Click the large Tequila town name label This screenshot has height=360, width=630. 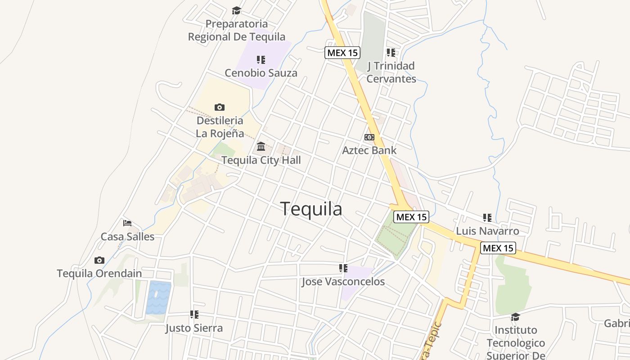pyautogui.click(x=311, y=209)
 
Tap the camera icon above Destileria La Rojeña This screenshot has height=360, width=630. pyautogui.click(x=220, y=107)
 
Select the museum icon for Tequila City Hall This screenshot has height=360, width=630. pyautogui.click(x=261, y=146)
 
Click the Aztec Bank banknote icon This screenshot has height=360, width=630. pyautogui.click(x=369, y=137)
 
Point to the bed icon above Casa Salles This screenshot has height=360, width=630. pyautogui.click(x=127, y=223)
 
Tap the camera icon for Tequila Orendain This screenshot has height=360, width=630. pyautogui.click(x=99, y=260)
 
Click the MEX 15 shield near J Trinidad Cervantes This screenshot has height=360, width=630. pyautogui.click(x=342, y=53)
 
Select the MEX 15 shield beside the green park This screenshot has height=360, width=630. pyautogui.click(x=411, y=217)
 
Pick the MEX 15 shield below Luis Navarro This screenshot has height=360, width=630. pyautogui.click(x=498, y=248)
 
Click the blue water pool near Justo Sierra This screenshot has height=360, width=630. pyautogui.click(x=158, y=297)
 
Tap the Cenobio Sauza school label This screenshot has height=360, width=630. pyautogui.click(x=261, y=73)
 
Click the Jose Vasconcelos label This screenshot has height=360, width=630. pyautogui.click(x=343, y=282)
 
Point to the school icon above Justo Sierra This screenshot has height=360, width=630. pyautogui.click(x=194, y=315)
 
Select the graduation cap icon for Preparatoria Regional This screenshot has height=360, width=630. pyautogui.click(x=236, y=10)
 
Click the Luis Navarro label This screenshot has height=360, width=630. pyautogui.click(x=487, y=231)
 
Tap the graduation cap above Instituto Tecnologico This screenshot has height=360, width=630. pyautogui.click(x=515, y=317)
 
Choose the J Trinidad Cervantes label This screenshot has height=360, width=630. pyautogui.click(x=391, y=72)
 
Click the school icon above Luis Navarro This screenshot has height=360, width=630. pyautogui.click(x=487, y=218)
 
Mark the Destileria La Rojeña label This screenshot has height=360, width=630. pyautogui.click(x=220, y=127)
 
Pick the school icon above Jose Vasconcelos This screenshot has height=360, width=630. pyautogui.click(x=343, y=268)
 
